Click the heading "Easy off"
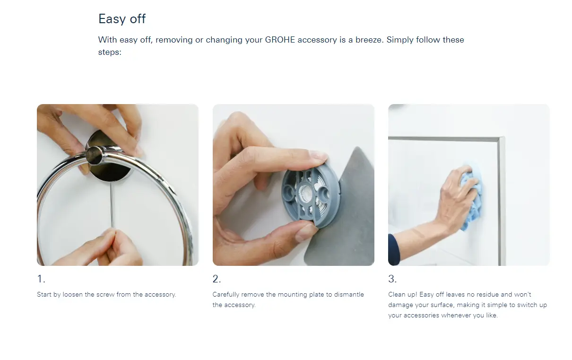coord(122,19)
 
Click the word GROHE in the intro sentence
coord(280,40)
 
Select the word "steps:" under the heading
coord(110,53)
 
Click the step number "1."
coord(41,279)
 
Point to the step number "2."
coord(217,279)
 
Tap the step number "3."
coord(392,279)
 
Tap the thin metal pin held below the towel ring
coord(112,204)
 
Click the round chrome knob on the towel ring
coord(94,155)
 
